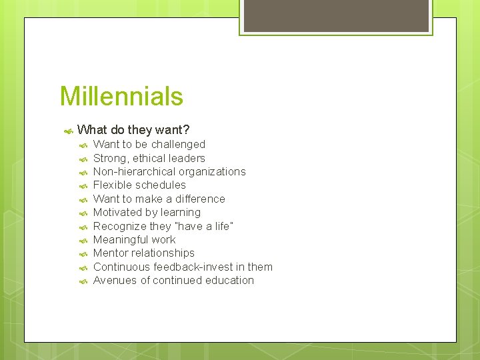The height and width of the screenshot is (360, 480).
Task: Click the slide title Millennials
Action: (121, 97)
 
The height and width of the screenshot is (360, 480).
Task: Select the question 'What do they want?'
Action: (133, 130)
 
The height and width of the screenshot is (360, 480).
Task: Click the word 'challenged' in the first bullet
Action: (178, 145)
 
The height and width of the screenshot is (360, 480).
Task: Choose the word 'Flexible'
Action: (112, 185)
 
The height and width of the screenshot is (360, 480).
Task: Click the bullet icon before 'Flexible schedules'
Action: (83, 186)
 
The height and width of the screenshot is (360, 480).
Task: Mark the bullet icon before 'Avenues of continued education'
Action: (83, 281)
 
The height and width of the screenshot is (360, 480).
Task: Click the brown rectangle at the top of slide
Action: (336, 15)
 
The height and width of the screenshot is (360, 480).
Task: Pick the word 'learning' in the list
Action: (179, 213)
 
